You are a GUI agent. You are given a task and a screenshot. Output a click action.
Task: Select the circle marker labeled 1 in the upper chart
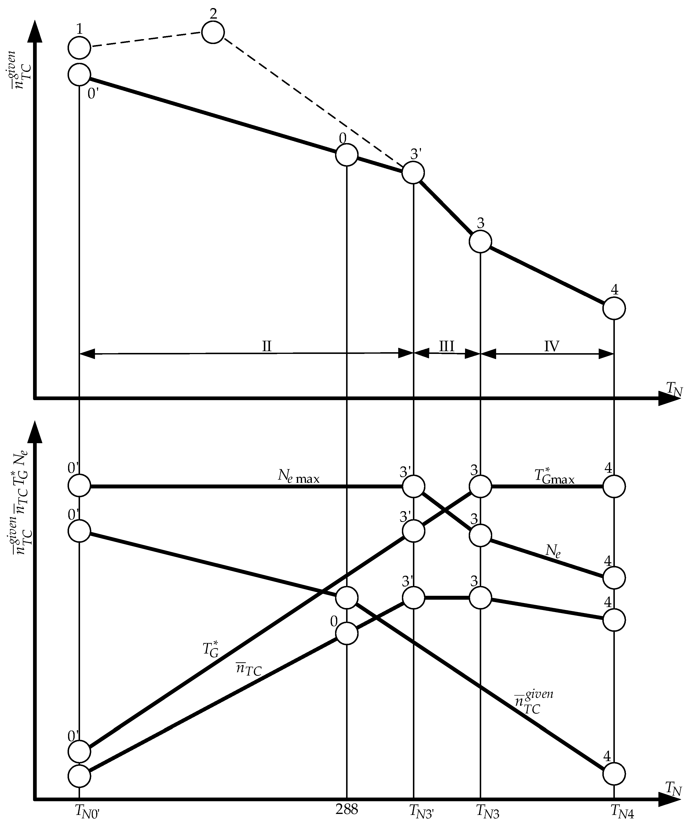coord(79,48)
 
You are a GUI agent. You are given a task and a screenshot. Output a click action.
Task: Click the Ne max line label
coord(299,476)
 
